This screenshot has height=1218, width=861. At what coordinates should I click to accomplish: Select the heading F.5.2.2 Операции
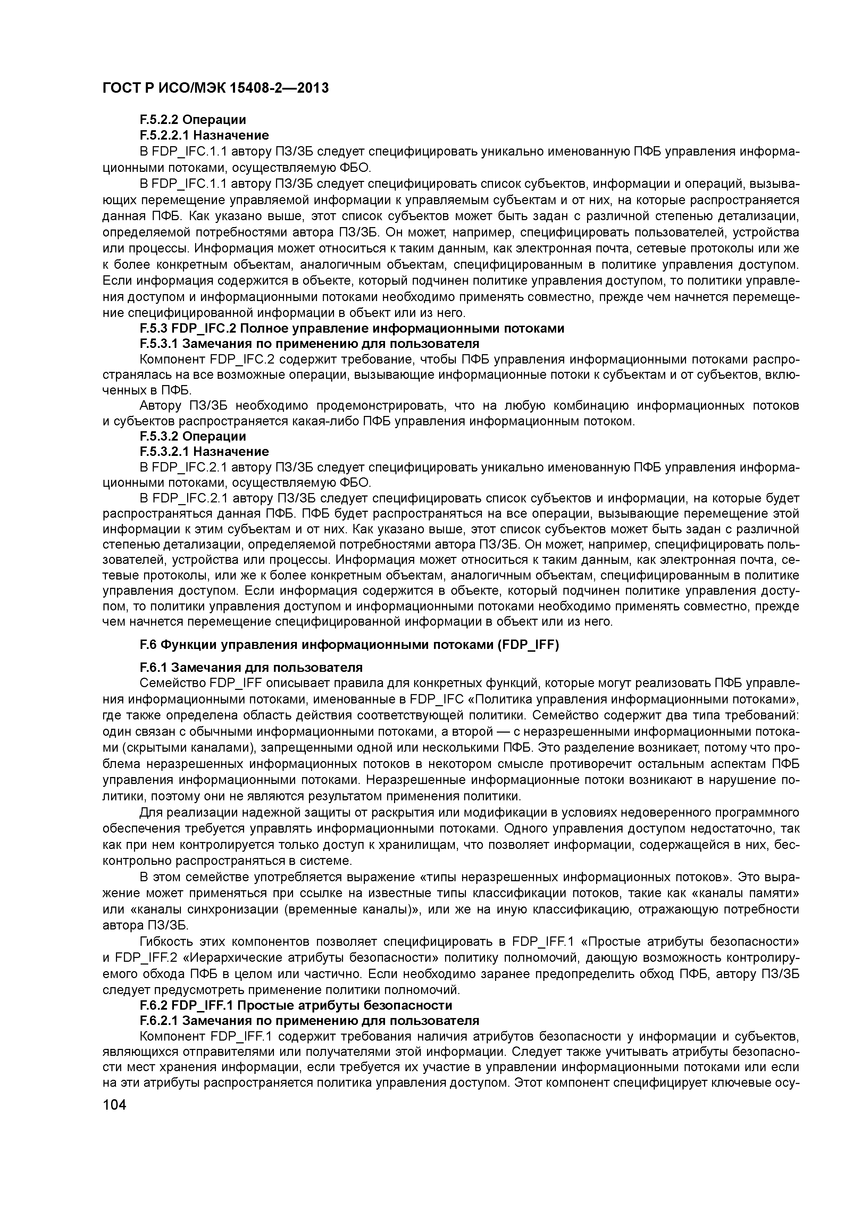click(193, 120)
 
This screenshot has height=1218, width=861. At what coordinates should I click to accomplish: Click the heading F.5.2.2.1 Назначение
click(204, 135)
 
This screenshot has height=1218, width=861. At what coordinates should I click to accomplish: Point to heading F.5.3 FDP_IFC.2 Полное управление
click(352, 328)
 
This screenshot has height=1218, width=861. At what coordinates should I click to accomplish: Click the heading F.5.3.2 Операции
click(193, 436)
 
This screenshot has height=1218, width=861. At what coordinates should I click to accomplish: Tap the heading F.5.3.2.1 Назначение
click(204, 451)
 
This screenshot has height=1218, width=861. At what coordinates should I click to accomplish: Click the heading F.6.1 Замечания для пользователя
click(251, 667)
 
